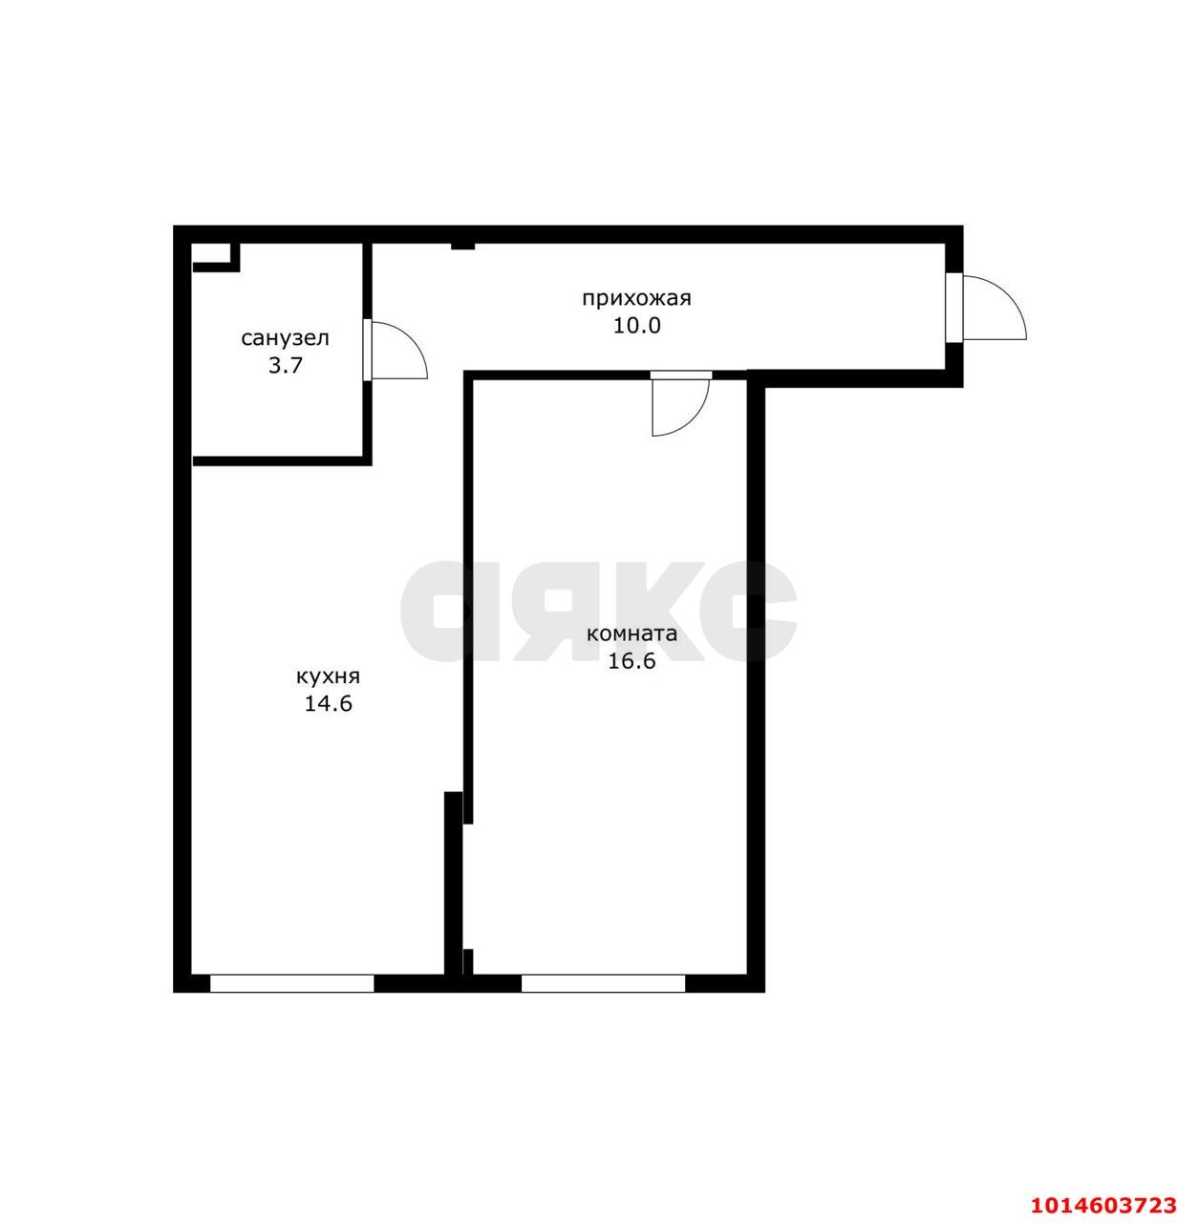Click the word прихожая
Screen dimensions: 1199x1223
636,299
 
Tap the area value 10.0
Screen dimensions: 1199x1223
636,326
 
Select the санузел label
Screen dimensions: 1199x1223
285,338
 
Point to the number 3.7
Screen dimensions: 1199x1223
286,366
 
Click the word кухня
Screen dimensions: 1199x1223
328,676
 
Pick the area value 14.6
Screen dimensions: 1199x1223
328,704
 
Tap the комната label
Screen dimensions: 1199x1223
632,634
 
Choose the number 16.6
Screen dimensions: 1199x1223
632,661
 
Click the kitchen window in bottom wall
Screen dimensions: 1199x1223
292,984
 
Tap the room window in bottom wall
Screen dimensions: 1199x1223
603,984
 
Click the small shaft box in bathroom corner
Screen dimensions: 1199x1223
216,257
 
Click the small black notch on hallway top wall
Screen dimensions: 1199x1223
462,247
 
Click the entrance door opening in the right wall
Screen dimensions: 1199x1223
954,308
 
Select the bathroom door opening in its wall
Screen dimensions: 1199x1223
368,351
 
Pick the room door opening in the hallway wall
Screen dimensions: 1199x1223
681,375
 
